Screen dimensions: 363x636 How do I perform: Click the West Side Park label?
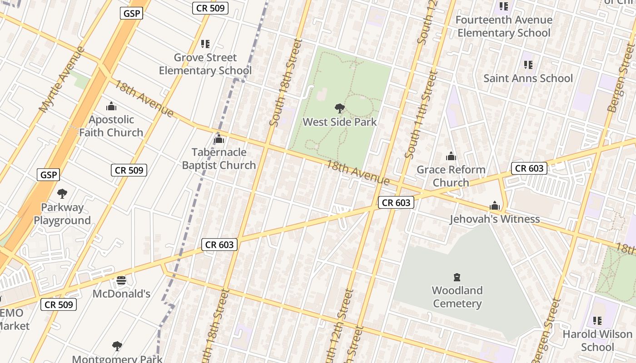(x=340, y=122)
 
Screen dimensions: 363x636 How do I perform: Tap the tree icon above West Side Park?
(x=339, y=108)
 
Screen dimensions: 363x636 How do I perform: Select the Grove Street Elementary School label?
(x=205, y=64)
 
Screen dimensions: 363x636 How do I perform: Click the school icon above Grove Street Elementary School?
(x=205, y=44)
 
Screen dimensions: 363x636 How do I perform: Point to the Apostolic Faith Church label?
(x=111, y=126)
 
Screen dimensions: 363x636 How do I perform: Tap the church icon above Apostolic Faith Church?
(x=111, y=107)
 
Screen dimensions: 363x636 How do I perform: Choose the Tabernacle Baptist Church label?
(x=219, y=159)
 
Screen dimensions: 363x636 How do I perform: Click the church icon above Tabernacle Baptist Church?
(x=219, y=139)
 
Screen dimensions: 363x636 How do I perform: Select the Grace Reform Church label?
(x=451, y=176)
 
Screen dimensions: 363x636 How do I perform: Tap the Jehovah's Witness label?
(x=494, y=219)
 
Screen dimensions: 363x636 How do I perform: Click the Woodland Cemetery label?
(x=457, y=297)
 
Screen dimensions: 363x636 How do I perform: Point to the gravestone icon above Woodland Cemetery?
(x=457, y=277)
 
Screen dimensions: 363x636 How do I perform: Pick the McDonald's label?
(x=121, y=294)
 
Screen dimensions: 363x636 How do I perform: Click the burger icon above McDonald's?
(x=121, y=280)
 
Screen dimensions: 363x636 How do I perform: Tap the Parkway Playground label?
(x=62, y=214)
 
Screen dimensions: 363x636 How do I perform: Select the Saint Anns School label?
(x=528, y=78)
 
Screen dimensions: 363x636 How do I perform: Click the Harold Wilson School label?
(x=597, y=341)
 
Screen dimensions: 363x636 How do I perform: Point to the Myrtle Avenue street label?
(x=62, y=80)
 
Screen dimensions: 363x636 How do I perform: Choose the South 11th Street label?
(x=421, y=114)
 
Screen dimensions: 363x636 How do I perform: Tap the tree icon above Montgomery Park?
(x=117, y=346)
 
